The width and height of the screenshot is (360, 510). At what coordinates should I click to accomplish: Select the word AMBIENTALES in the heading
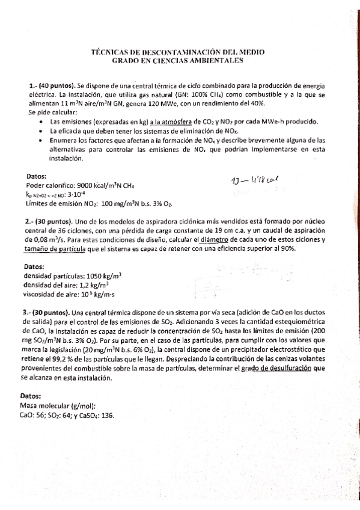point(209,61)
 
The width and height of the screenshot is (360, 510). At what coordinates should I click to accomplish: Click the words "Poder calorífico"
point(46,186)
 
